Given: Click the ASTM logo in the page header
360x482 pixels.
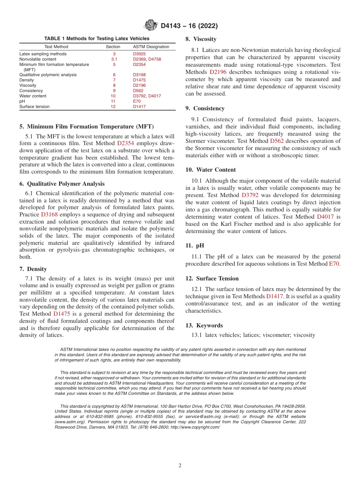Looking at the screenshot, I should click(151, 25).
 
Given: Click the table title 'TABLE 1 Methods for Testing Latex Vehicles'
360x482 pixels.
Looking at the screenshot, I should click(97, 39).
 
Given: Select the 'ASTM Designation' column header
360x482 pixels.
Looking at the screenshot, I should click(151, 47).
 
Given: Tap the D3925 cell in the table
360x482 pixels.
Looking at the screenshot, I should click(139, 54).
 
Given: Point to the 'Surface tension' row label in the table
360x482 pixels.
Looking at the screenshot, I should click(34, 107).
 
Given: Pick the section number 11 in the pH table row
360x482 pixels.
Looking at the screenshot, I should click(113, 102).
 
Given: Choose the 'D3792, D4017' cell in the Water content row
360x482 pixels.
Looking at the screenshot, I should click(147, 96).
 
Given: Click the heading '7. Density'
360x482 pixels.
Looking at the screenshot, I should click(33, 269).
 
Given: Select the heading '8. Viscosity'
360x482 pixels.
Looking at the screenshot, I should click(201, 39).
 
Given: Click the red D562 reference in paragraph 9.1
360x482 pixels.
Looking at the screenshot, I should click(277, 141).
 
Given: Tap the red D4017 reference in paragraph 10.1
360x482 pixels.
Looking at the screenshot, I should click(326, 217).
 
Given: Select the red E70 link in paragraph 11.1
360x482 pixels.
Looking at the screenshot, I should click(334, 264).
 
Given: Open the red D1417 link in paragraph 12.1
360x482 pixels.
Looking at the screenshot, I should click(274, 296).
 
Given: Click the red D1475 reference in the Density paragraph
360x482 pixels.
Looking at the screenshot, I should click(61, 314).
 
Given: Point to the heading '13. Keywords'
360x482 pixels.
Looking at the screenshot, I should click(204, 326).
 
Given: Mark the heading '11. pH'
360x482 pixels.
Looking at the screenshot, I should click(195, 246).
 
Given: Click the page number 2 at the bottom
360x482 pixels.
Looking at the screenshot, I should click(180, 466).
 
